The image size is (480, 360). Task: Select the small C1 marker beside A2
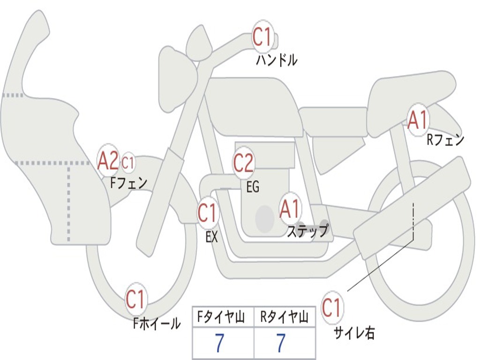click(x=128, y=163)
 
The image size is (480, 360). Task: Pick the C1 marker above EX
click(x=208, y=213)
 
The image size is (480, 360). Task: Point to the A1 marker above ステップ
click(x=290, y=209)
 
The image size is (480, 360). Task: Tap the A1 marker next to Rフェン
click(x=418, y=120)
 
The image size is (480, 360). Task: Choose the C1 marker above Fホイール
click(x=136, y=300)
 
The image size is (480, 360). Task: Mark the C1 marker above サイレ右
click(x=332, y=308)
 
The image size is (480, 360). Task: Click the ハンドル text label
click(x=277, y=60)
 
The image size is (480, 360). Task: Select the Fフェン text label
click(x=129, y=182)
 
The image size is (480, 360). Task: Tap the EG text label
click(x=253, y=187)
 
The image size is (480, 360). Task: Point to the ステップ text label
click(x=307, y=232)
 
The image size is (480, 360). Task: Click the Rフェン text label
click(x=445, y=140)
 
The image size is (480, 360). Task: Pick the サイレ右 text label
click(x=354, y=333)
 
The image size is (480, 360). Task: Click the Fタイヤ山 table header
click(x=223, y=318)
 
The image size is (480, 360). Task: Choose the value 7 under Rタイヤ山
click(x=281, y=344)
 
